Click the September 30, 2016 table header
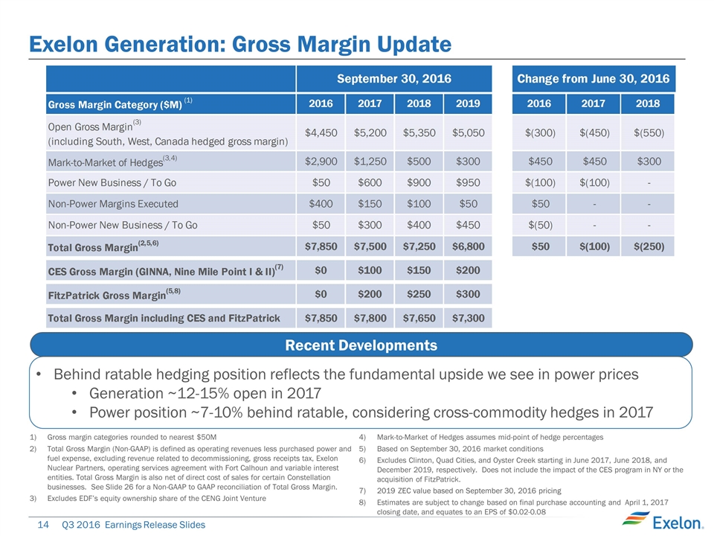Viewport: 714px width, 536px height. pos(394,78)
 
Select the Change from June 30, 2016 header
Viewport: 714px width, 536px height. pos(593,78)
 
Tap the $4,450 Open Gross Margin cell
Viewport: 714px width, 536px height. pos(321,133)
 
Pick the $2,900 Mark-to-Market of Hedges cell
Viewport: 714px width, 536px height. pos(321,162)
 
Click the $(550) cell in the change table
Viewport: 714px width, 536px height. pos(650,133)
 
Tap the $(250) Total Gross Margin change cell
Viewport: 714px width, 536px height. pos(650,246)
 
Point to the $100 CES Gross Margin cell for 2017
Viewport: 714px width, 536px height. pos(370,269)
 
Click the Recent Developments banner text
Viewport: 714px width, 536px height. pos(361,345)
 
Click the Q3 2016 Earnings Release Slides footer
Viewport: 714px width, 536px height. pos(133,525)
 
